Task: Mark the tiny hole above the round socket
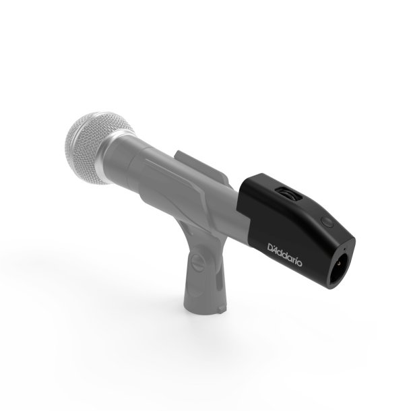click(328, 222)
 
